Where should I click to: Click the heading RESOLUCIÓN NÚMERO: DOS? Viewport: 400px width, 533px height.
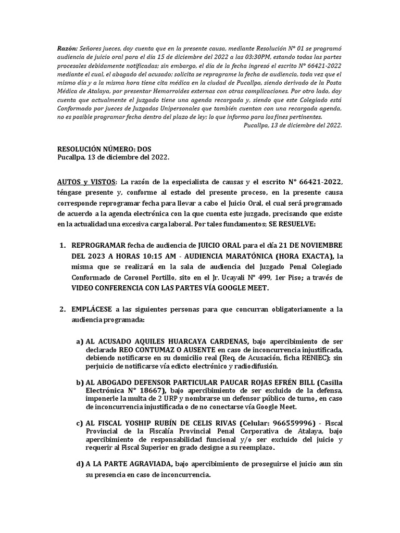104,148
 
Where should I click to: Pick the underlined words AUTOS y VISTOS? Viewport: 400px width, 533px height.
86,182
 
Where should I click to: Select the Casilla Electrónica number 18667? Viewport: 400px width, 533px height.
150,390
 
